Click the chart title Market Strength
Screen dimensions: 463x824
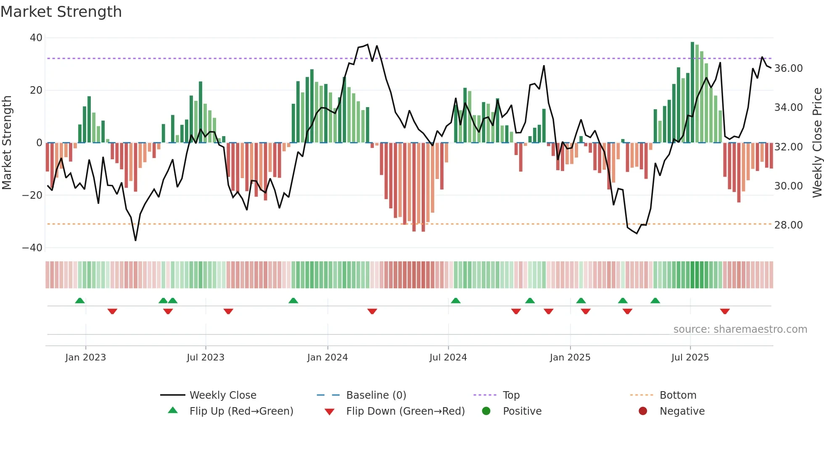pos(61,12)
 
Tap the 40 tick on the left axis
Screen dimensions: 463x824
pos(36,38)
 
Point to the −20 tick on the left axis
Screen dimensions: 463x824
pos(32,195)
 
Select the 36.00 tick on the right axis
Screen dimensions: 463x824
pos(788,68)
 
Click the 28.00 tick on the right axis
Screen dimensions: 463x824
pos(788,225)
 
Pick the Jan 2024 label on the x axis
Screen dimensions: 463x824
pos(327,358)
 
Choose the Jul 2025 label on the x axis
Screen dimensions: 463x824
pos(690,358)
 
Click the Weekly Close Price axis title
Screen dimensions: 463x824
pos(817,143)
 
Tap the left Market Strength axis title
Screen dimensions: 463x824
pos(7,143)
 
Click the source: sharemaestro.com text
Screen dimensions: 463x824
pos(740,329)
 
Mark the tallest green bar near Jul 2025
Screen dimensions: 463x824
pos(692,92)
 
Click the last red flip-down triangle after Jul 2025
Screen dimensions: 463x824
pos(725,311)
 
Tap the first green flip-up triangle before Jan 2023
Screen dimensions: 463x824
pos(80,300)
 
